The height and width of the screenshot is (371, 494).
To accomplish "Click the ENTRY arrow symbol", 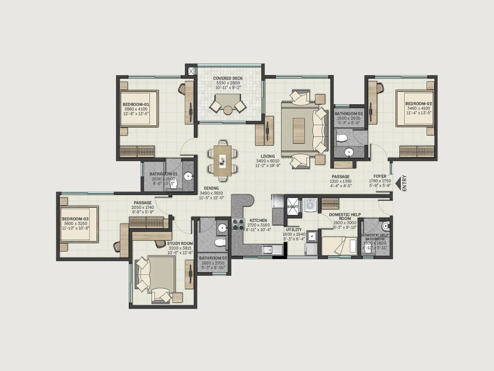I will point(398,183).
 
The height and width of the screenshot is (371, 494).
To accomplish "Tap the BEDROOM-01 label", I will point(136,104).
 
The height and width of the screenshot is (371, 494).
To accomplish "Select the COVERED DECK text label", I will point(228,78).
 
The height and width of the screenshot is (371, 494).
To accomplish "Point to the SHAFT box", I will point(292,207).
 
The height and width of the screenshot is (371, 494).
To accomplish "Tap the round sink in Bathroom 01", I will point(188,177).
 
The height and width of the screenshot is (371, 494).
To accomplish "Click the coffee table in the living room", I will point(300,128).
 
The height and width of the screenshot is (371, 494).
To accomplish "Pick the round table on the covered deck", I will point(228,110).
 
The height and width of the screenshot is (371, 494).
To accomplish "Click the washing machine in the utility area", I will point(309,205).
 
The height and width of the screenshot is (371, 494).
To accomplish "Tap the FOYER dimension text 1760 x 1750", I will point(380,181).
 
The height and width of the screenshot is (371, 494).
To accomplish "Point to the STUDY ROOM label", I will point(180,243).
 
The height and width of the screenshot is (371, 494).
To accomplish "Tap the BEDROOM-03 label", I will point(75,219).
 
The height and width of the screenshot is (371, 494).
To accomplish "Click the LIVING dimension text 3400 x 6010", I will point(267,161).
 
